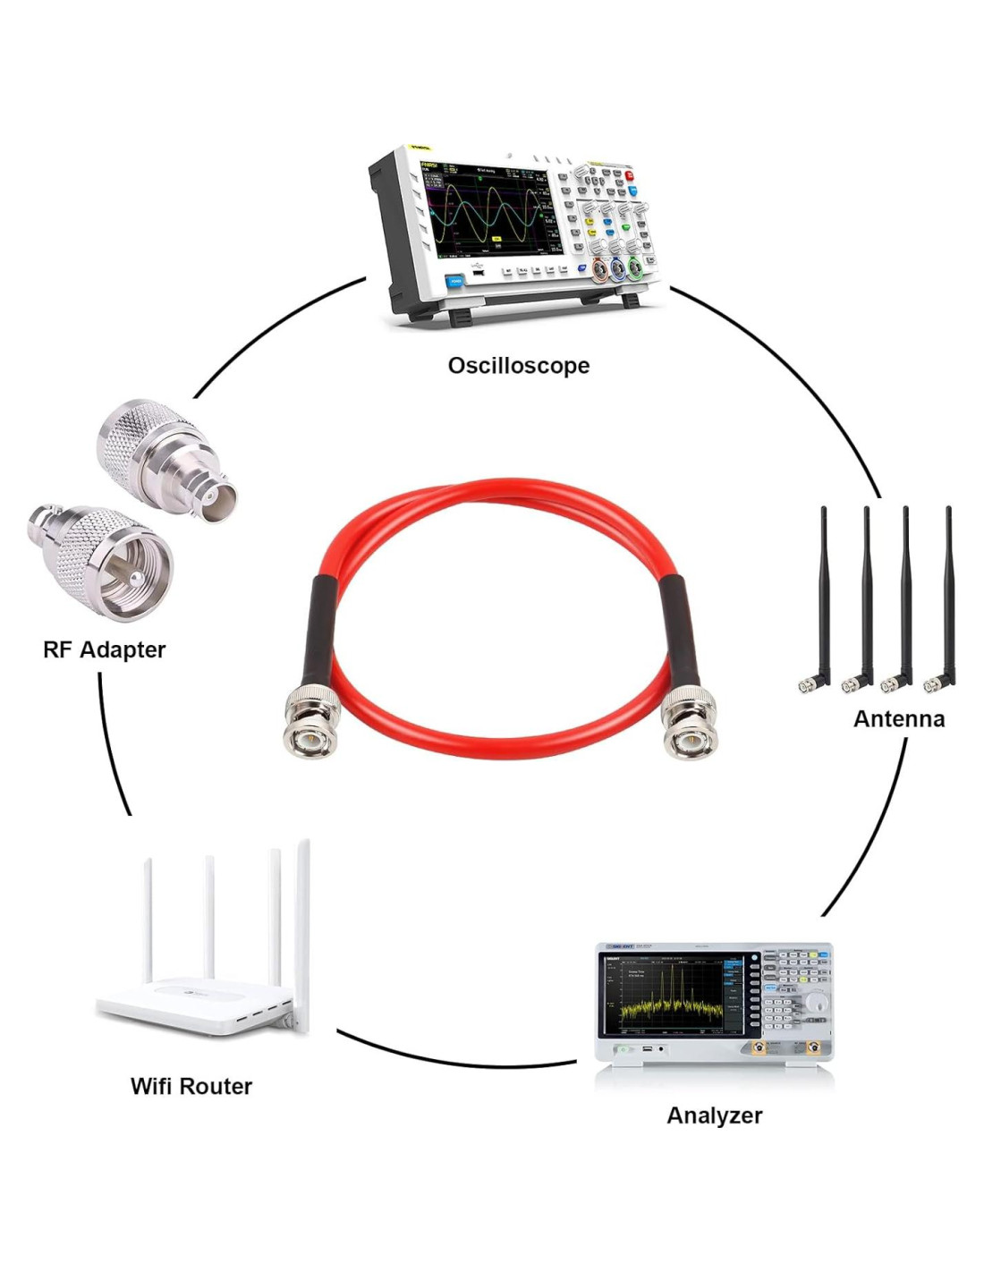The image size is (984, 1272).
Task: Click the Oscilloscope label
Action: [518, 365]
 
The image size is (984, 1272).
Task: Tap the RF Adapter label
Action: [104, 649]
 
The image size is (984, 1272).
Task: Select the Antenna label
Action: [898, 718]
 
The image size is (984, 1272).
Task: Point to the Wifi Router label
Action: [191, 1086]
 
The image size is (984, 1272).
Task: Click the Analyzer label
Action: [714, 1115]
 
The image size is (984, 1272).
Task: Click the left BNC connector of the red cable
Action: [305, 725]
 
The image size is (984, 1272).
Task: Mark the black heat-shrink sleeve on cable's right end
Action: [673, 631]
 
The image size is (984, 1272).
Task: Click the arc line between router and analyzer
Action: [456, 1060]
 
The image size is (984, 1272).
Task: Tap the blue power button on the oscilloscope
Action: [455, 280]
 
